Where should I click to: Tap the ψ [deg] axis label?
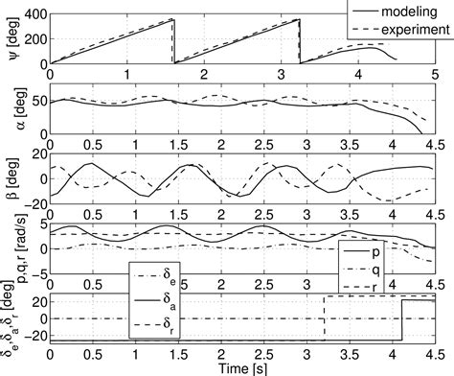[x=11, y=39]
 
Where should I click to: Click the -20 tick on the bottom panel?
[x=34, y=338]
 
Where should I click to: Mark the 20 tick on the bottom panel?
[x=38, y=301]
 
